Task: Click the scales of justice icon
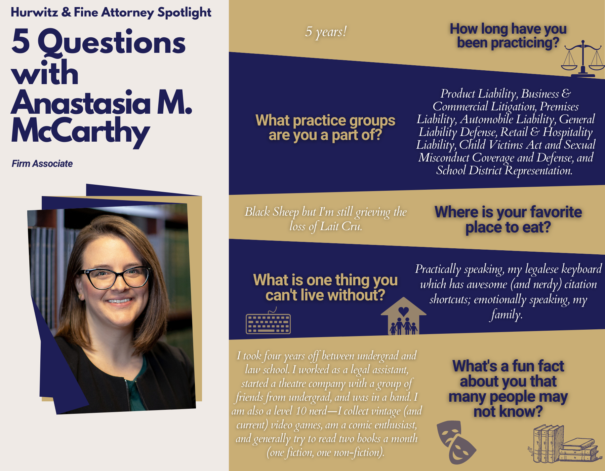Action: coord(583,59)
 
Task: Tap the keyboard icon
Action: coord(268,322)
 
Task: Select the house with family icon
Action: coord(403,316)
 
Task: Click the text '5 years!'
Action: coord(326,32)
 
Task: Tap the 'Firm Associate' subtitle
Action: coord(42,164)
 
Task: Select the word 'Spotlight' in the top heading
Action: coord(184,13)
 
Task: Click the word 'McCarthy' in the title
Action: coord(81,131)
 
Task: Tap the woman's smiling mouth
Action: coord(119,301)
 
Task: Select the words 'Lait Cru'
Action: coord(341,226)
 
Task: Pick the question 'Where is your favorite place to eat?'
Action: coord(508,219)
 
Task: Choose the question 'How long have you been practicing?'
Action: coord(508,36)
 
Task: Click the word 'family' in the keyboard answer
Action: coord(506,314)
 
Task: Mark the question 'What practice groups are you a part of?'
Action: coord(325,128)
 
